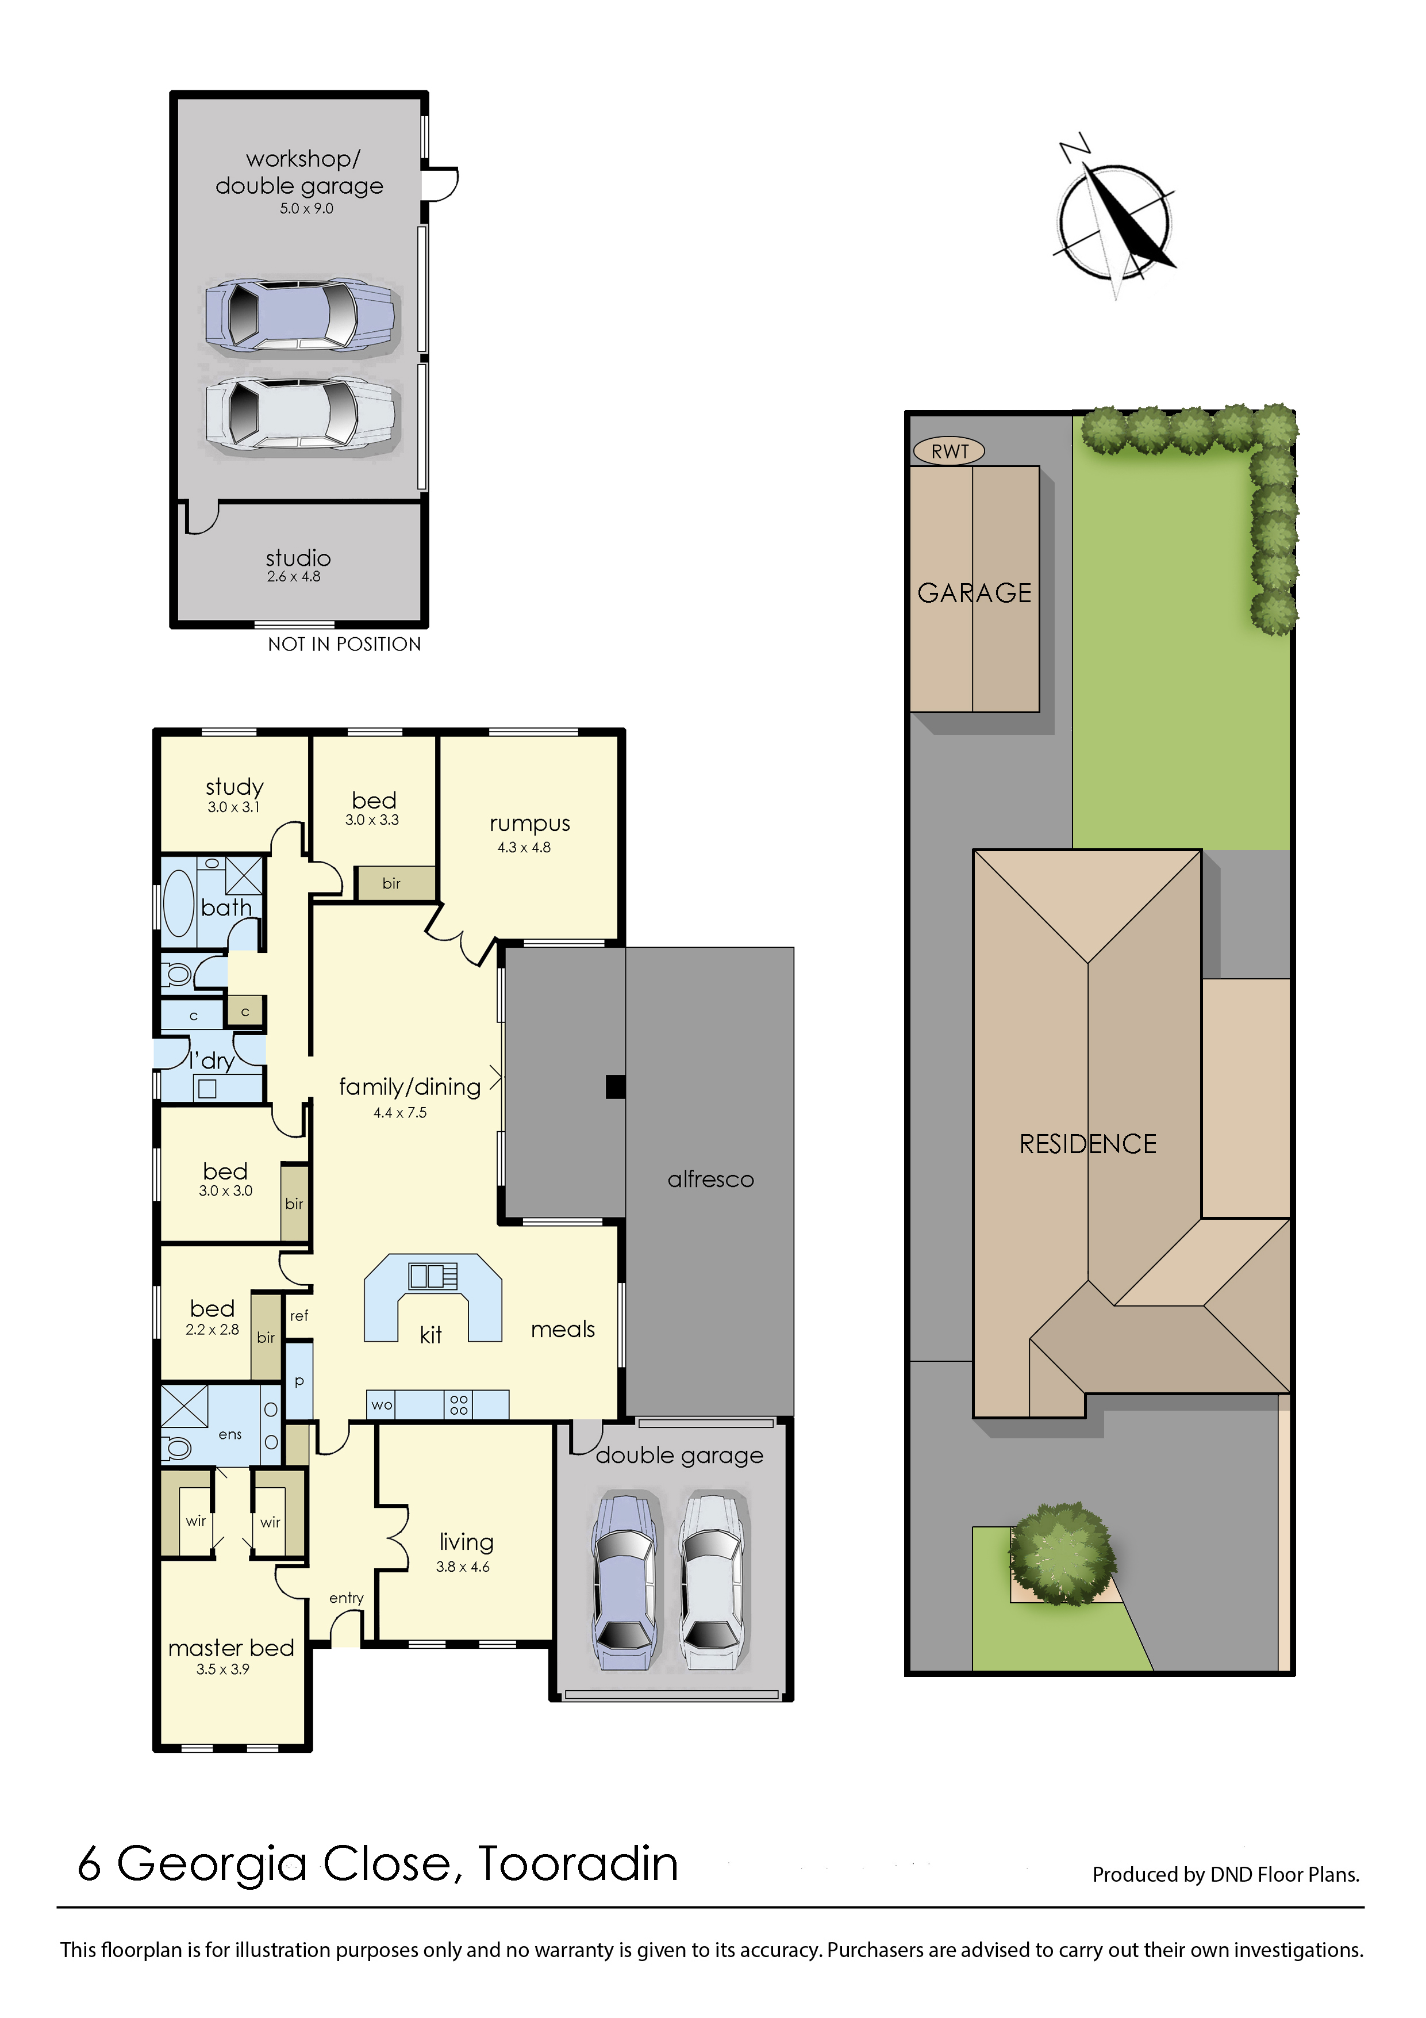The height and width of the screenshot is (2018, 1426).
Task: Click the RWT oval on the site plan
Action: (949, 451)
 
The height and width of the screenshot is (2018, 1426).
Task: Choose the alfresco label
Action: (711, 1180)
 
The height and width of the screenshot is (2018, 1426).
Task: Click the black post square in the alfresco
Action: (615, 1088)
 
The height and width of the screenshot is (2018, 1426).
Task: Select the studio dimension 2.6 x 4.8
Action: (294, 577)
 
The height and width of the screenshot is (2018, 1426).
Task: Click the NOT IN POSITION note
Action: (344, 644)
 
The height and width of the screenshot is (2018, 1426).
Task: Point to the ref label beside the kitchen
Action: (299, 1316)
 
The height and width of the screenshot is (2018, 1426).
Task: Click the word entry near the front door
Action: (346, 1598)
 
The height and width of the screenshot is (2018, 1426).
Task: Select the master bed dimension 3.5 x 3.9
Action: (222, 1669)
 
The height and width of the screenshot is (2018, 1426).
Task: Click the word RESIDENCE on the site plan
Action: (1087, 1143)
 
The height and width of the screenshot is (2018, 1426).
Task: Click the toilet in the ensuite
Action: (178, 1448)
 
